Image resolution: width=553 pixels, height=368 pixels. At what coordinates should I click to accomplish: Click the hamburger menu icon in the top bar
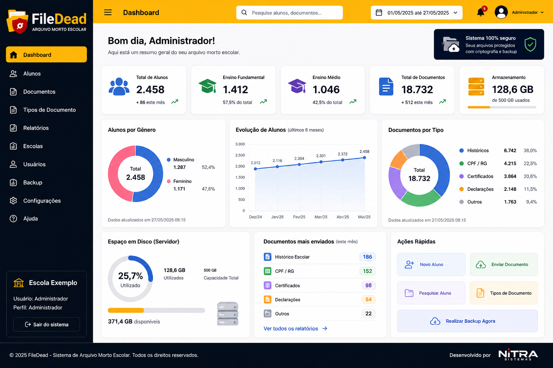[x=108, y=12]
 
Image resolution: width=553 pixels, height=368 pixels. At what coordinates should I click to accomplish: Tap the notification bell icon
[x=480, y=12]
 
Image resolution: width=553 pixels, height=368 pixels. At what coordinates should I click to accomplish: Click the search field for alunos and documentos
[x=289, y=13]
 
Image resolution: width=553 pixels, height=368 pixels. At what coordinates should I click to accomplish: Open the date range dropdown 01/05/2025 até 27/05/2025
[x=417, y=13]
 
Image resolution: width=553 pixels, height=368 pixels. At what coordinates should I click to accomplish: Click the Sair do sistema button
[x=46, y=325]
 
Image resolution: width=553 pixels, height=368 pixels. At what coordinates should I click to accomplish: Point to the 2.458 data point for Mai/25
[x=364, y=158]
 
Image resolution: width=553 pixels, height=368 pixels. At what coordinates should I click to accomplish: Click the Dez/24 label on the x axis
[x=255, y=217]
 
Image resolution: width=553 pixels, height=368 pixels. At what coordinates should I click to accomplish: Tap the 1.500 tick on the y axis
[x=240, y=177]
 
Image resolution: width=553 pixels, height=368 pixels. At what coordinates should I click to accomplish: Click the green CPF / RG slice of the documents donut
[x=420, y=199]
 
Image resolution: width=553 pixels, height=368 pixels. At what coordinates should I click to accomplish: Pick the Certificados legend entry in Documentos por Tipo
[x=498, y=176]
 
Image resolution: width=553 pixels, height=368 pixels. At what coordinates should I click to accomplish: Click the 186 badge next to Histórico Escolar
[x=367, y=257]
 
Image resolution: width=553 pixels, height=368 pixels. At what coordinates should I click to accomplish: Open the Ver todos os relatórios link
[x=295, y=328]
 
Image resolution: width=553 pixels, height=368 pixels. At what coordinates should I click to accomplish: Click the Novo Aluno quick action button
[x=431, y=264]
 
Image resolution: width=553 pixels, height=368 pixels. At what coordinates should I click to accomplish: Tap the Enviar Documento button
[x=504, y=264]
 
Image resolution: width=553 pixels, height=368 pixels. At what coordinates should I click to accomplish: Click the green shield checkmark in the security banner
[x=530, y=44]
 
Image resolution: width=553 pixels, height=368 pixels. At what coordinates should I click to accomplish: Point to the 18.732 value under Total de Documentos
[x=417, y=89]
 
